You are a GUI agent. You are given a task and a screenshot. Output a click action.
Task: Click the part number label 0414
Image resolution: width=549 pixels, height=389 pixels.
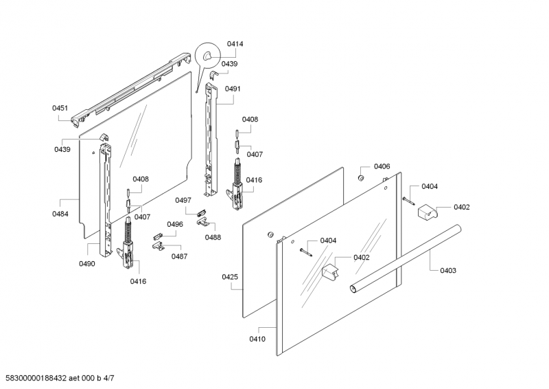tap(235, 44)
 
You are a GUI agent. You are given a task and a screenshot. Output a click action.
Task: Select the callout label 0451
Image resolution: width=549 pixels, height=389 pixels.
tap(60, 108)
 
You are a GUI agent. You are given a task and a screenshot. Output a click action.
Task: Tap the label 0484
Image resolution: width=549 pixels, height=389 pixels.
tap(60, 214)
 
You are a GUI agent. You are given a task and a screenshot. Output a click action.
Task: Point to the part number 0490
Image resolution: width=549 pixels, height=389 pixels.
tap(86, 264)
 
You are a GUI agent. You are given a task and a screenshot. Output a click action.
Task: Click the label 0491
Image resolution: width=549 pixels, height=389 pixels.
tap(233, 89)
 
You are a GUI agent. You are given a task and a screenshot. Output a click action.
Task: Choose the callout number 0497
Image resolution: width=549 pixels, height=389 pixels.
tap(183, 200)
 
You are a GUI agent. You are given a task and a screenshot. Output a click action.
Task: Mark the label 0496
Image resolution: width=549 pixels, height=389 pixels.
tap(174, 224)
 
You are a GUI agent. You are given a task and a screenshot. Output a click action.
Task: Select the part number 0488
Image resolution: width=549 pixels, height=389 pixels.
tap(213, 237)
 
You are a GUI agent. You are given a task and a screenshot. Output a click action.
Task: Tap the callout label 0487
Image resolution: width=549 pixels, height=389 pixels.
tap(179, 256)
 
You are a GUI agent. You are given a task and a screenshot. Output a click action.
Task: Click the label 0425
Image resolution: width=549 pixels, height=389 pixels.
tap(230, 277)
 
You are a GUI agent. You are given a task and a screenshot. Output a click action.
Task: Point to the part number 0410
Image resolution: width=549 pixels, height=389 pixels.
tap(257, 339)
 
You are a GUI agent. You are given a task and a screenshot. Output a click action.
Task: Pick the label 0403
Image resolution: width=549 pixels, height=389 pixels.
tap(447, 271)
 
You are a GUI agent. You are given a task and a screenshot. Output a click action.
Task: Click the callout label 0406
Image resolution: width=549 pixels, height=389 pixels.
tap(382, 167)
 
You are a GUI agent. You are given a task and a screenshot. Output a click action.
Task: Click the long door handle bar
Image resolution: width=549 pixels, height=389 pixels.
tap(405, 261)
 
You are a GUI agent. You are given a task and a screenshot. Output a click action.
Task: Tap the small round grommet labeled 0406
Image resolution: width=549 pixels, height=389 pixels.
tap(359, 178)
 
